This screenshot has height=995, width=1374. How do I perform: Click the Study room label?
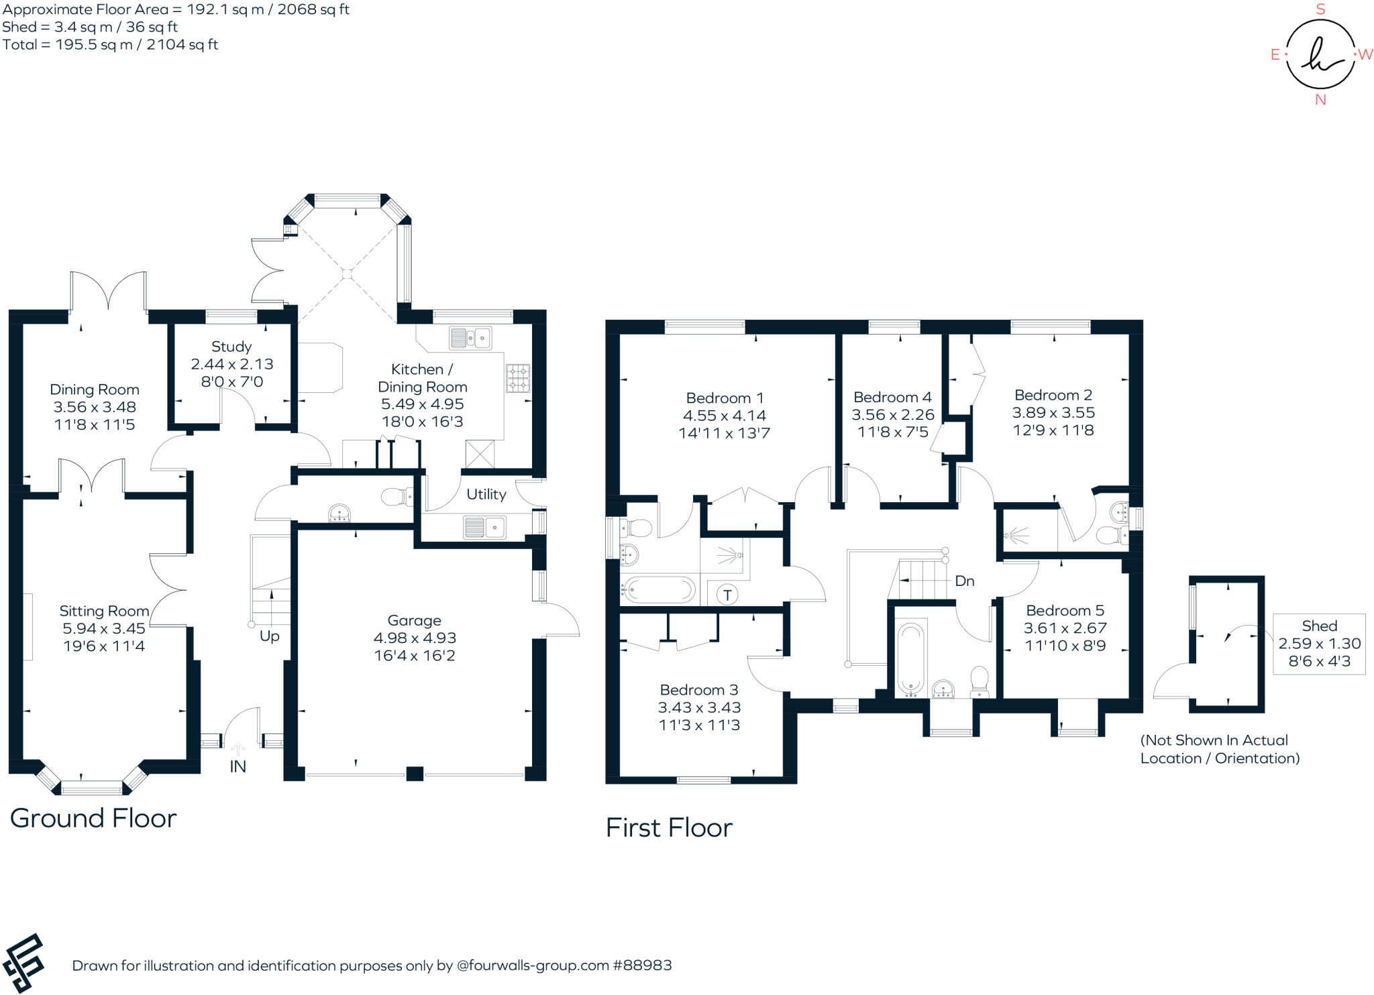coord(231,347)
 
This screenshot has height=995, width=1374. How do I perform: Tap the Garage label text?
coord(414,620)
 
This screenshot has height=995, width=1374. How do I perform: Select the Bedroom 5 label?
coord(1065,610)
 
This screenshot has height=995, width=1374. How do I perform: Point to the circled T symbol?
coord(727,595)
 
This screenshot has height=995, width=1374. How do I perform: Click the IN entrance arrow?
coord(237,750)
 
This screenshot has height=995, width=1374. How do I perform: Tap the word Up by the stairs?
coord(269,636)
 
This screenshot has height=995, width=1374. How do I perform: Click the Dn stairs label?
coord(964,581)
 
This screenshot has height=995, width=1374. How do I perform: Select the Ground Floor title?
coord(93,818)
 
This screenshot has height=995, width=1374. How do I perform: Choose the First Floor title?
coord(669,827)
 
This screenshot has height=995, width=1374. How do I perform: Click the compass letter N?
coord(1320,100)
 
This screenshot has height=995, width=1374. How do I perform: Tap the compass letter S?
coord(1320,9)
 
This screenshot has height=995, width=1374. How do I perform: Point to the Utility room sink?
coord(484,527)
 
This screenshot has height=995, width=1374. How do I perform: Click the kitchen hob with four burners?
coord(517,377)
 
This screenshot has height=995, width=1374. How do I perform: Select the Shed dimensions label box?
coord(1319,644)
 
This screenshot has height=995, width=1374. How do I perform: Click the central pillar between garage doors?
coord(415,773)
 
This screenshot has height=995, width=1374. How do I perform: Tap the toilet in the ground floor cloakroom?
coord(396,497)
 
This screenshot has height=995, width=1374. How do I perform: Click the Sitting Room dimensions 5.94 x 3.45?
coord(104,628)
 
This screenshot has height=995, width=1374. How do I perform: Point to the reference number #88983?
coord(642,965)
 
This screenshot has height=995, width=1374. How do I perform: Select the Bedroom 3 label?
coord(699,690)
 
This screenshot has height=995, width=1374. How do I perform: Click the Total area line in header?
coord(111,45)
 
